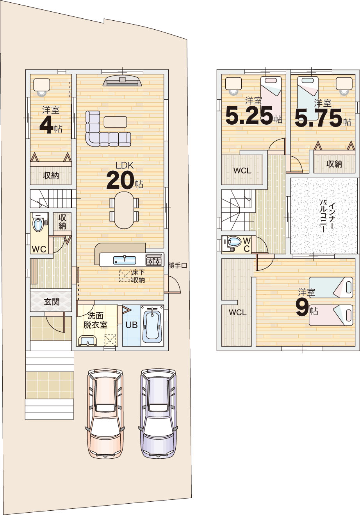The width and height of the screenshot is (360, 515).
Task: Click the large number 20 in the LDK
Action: click(x=120, y=181)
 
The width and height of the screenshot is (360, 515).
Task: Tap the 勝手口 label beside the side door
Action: click(x=177, y=266)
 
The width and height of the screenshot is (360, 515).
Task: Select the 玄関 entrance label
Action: click(x=52, y=302)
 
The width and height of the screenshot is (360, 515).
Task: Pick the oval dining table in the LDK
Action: click(x=124, y=210)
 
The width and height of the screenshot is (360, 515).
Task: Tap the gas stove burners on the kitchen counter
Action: click(x=154, y=260)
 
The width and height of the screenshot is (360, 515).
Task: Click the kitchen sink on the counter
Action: click(x=124, y=260)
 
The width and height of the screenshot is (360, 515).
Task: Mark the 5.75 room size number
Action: click(x=319, y=118)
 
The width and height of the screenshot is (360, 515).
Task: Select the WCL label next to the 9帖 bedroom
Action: click(x=237, y=312)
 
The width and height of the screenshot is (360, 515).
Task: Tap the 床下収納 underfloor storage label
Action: click(x=138, y=276)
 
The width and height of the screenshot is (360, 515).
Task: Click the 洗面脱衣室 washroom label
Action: click(x=95, y=320)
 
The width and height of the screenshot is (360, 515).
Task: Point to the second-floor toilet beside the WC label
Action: click(x=231, y=244)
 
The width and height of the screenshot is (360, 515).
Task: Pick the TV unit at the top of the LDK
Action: click(x=122, y=80)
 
